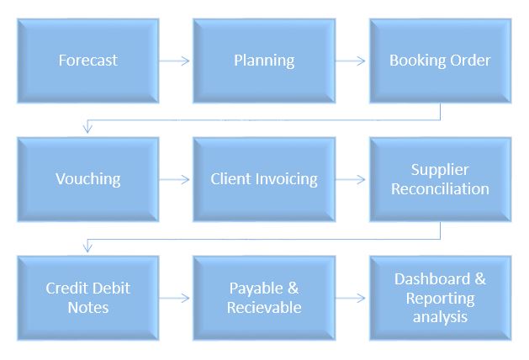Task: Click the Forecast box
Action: pyautogui.click(x=87, y=61)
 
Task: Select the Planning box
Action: pyautogui.click(x=264, y=61)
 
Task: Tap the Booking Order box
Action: pyautogui.click(x=440, y=61)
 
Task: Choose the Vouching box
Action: pyautogui.click(x=87, y=179)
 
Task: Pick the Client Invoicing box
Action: pyautogui.click(x=264, y=179)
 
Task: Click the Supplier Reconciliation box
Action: pyautogui.click(x=440, y=179)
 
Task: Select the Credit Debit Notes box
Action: pyautogui.click(x=87, y=298)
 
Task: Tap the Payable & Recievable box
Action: pyautogui.click(x=264, y=298)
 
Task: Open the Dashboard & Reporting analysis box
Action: pyautogui.click(x=440, y=298)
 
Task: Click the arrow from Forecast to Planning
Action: pyautogui.click(x=175, y=61)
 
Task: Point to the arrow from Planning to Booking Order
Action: pyautogui.click(x=352, y=61)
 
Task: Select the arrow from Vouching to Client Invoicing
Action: pyautogui.click(x=175, y=179)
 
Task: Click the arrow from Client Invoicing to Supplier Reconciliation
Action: pyautogui.click(x=352, y=179)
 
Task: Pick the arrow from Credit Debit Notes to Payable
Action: pyautogui.click(x=175, y=298)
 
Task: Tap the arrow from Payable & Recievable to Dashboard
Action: pyautogui.click(x=352, y=298)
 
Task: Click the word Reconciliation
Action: pyautogui.click(x=440, y=188)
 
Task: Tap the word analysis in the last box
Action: pyautogui.click(x=440, y=317)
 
